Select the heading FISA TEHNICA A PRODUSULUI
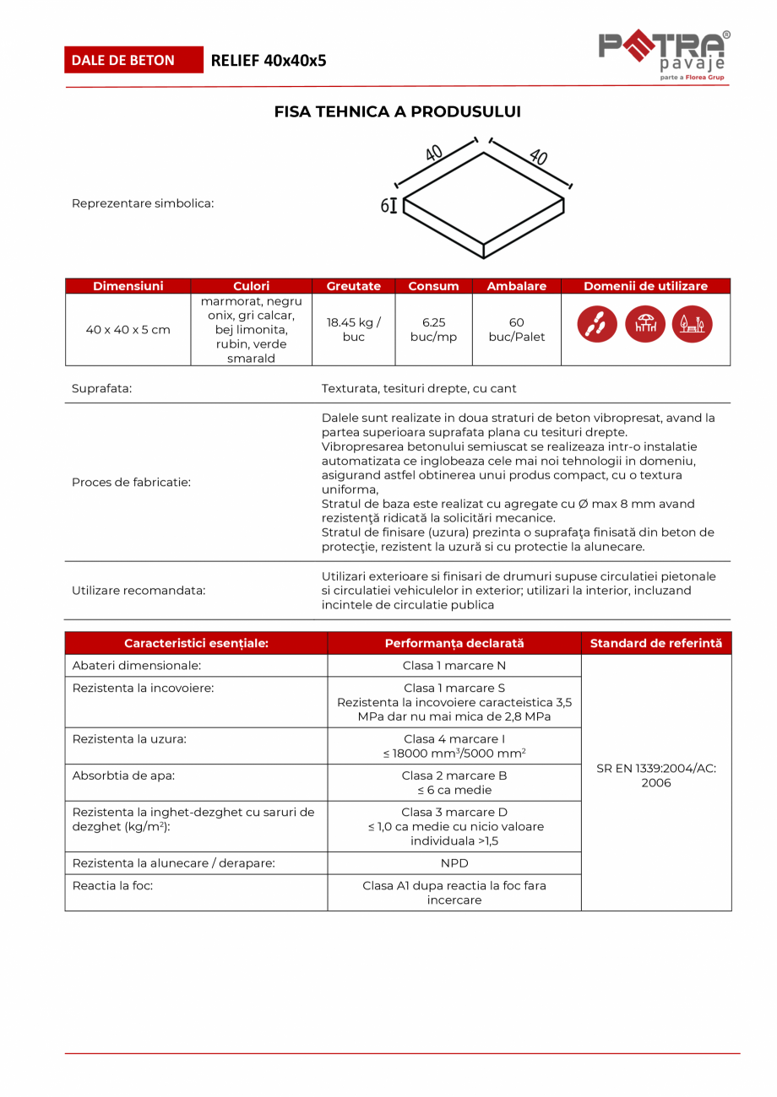pos(398,111)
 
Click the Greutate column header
pos(353,286)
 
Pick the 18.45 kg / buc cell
pos(353,329)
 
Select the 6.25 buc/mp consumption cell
pos(433,329)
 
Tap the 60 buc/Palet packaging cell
pos(517,329)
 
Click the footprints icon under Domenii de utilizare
pos(597,324)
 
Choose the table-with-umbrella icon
pos(645,324)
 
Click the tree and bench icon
pos(693,324)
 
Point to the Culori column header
pos(251,286)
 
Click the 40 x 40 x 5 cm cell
pos(128,330)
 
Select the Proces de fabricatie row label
pos(132,483)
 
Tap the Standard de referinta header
pos(656,643)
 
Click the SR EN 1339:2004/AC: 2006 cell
pos(656,775)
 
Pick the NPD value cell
pos(454,863)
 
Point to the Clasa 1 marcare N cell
pos(454,666)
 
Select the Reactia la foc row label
pos(113,886)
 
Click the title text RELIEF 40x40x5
pos(268,60)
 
